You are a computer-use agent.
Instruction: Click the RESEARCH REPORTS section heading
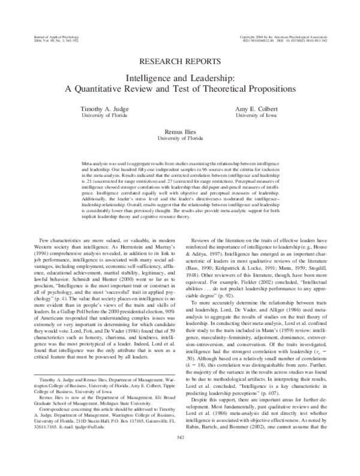click(179, 62)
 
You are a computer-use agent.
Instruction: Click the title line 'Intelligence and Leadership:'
click(179, 78)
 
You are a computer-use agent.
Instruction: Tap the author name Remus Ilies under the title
click(179, 130)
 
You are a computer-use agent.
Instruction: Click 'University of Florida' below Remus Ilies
click(179, 137)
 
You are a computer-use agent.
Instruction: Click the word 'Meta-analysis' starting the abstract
click(93, 163)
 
